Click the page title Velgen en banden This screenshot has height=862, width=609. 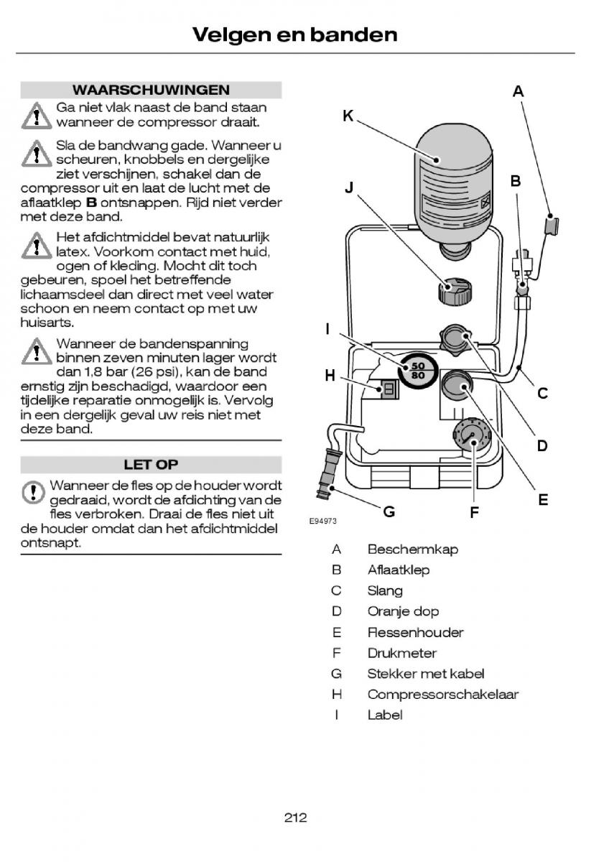pos(294,34)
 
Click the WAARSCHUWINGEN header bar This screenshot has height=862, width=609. pos(151,90)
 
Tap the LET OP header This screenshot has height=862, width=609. pos(151,464)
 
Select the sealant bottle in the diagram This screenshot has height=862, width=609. pos(455,183)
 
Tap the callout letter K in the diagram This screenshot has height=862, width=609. pos(348,116)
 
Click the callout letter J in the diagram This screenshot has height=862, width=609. pos(350,187)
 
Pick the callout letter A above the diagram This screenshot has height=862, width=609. pos(518,91)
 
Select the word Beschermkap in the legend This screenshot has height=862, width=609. pos(412,550)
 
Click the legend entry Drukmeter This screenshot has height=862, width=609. pos(401,653)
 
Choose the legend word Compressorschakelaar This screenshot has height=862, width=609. pos(442,695)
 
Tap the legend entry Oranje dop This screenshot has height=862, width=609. pos(403,611)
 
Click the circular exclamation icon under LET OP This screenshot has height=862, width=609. pos(32,492)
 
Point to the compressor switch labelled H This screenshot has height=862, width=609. pos(389,389)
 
